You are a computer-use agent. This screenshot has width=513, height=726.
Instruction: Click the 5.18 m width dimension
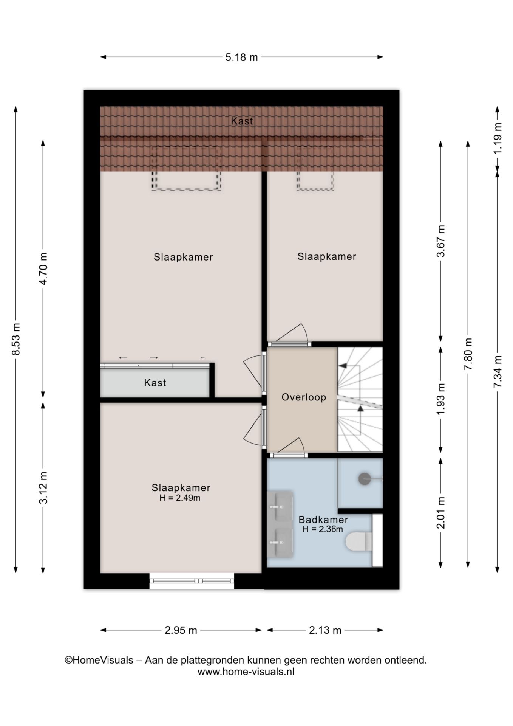(241, 57)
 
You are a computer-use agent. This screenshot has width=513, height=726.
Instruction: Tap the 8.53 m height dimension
(16, 339)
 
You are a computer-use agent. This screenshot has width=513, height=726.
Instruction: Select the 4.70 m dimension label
(43, 268)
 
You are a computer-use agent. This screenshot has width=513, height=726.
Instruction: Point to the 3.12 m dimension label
(43, 488)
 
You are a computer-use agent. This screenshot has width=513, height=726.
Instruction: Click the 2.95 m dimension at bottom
(181, 630)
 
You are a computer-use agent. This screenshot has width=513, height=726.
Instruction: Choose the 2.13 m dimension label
(325, 630)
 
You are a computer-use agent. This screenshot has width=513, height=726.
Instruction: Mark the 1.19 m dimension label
(498, 138)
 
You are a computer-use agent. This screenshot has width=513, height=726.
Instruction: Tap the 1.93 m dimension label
(440, 399)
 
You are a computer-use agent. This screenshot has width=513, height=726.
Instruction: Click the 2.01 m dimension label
(440, 513)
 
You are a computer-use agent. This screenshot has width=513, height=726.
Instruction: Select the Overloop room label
(304, 397)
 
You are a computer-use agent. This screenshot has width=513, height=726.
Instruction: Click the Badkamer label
(323, 520)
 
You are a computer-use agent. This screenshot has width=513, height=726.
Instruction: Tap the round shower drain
(364, 479)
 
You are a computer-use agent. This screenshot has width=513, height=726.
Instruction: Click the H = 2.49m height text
(180, 498)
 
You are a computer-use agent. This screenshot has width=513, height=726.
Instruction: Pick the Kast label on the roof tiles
(242, 121)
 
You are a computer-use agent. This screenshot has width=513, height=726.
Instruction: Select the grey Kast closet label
(155, 383)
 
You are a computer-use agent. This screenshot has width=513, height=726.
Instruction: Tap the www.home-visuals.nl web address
(246, 672)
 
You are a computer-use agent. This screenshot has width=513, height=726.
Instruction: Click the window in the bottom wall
(192, 581)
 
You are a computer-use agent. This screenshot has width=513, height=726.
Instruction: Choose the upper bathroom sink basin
(280, 506)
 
